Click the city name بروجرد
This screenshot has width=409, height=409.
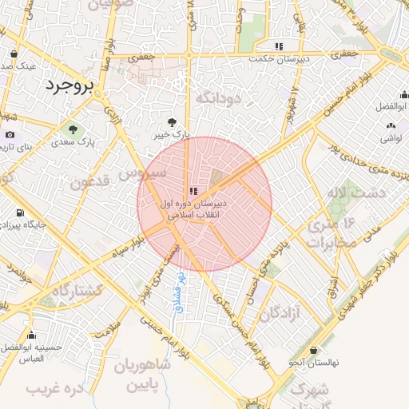pyautogui.click(x=69, y=84)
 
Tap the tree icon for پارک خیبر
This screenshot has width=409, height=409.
pyautogui.click(x=173, y=122)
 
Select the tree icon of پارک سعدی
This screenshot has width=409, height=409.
pyautogui.click(x=73, y=129)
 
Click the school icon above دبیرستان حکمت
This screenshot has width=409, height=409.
pyautogui.click(x=278, y=46)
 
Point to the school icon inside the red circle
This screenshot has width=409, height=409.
pyautogui.click(x=193, y=191)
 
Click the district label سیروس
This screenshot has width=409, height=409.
pyautogui.click(x=143, y=171)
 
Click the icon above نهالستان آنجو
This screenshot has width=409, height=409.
pyautogui.click(x=313, y=350)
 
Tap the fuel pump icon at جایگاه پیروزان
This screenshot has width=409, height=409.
pyautogui.click(x=18, y=214)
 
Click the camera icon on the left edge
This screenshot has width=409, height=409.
pyautogui.click(x=10, y=135)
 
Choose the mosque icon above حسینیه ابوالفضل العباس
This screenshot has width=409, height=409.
pyautogui.click(x=31, y=336)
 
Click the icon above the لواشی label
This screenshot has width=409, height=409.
pyautogui.click(x=390, y=125)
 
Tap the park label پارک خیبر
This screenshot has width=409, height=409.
pyautogui.click(x=173, y=136)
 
